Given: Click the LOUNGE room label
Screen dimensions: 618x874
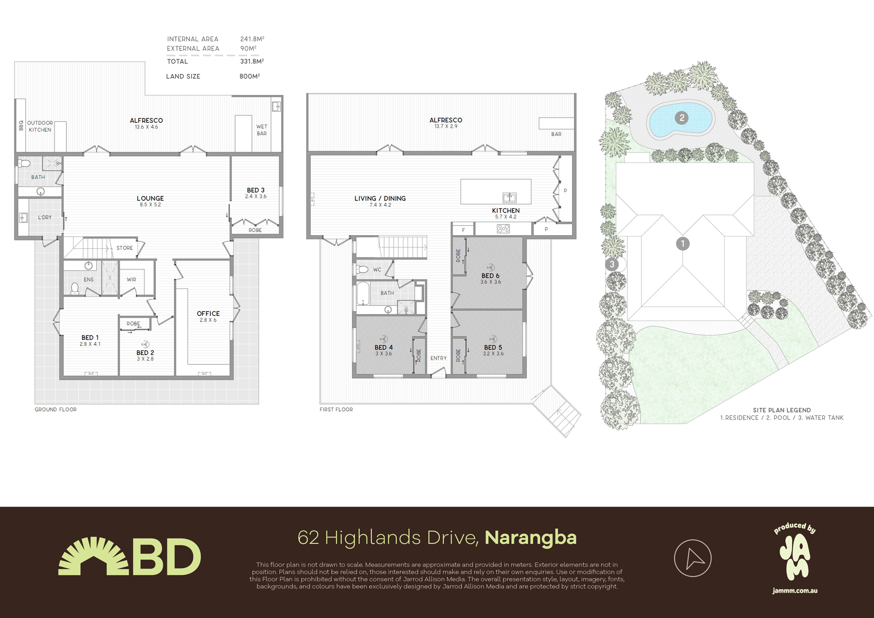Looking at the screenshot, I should coord(150,198).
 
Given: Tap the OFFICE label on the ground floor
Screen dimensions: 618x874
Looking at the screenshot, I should coord(208,313).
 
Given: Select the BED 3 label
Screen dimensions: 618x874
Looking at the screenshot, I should coord(256,190).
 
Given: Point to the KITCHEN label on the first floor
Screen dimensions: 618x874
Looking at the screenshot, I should coord(506,211).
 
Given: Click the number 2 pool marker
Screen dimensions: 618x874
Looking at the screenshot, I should coord(681,118).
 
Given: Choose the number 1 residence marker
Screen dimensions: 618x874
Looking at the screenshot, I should coord(683,243).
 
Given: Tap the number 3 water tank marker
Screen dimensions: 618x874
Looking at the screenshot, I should coord(612,264).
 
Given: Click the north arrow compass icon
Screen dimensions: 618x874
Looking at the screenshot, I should coord(693,558).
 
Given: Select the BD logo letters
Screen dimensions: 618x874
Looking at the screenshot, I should coord(166,557).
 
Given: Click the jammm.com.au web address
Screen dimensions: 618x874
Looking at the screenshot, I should coord(794,590).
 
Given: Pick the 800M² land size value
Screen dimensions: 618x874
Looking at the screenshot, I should coord(250,76).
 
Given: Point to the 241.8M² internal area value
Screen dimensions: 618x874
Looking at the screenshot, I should coord(252,39).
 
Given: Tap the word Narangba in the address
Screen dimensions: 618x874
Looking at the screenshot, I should coord(531,538).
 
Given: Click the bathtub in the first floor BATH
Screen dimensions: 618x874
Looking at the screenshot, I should coord(363,293).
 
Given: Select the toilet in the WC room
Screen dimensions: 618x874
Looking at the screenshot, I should coord(362,270).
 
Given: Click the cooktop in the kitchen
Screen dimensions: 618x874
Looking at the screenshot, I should coord(503,229).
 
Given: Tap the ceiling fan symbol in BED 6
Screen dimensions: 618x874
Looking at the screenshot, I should coord(491,267).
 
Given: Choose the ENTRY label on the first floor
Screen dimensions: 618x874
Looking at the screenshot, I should coord(438,358).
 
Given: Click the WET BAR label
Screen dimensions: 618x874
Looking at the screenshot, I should coord(262,130).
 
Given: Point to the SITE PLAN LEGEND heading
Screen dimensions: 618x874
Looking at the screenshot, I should coord(781,410).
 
